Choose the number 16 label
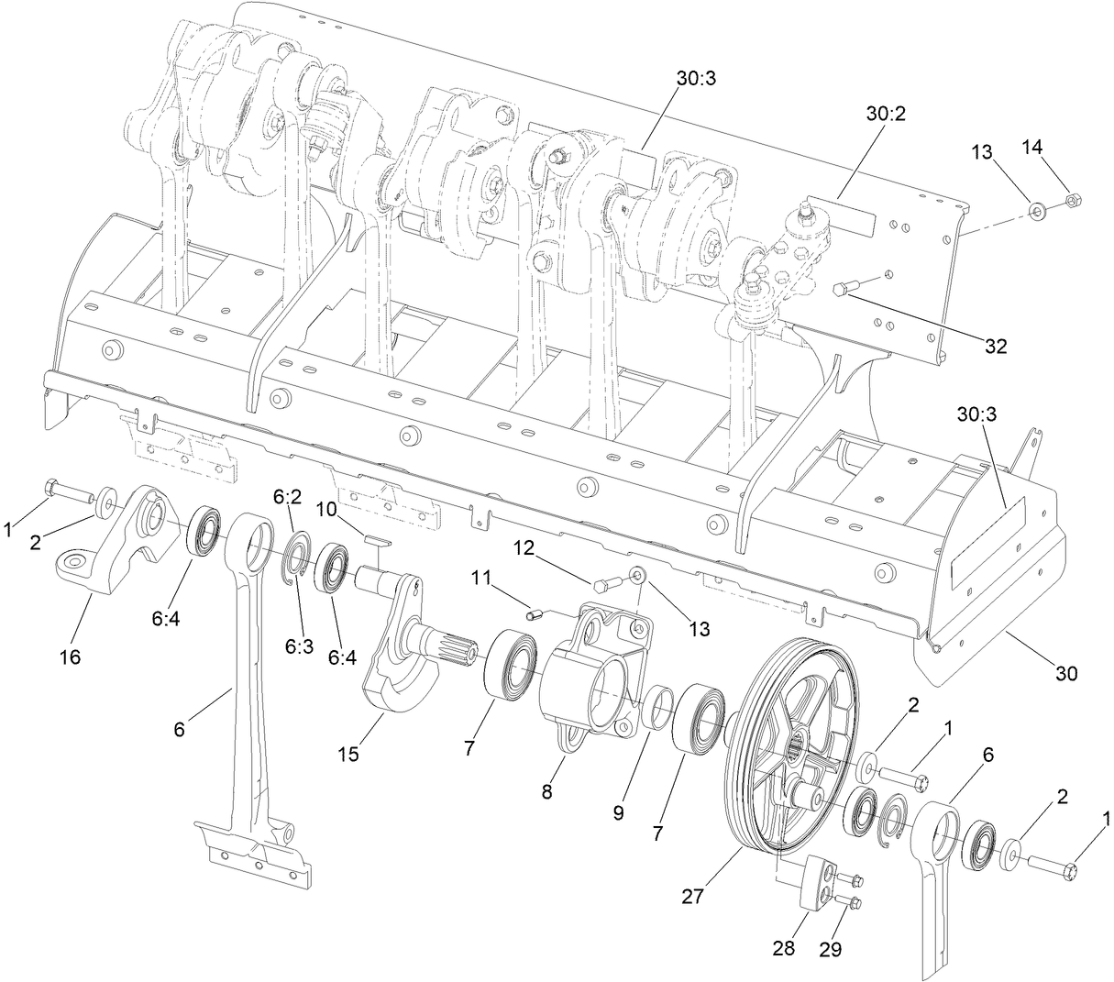tap(71, 657)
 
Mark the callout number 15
tap(347, 755)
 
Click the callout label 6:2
tap(287, 496)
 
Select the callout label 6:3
tap(300, 645)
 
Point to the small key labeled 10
tap(376, 538)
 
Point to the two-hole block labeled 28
tap(811, 882)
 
